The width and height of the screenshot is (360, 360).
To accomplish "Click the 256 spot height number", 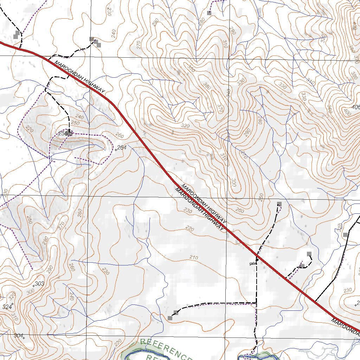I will [63, 133].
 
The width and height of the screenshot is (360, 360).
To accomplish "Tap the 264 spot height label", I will [122, 148].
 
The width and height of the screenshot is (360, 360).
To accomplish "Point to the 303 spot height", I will [39, 283].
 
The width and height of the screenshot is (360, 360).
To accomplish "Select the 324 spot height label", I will [7, 307].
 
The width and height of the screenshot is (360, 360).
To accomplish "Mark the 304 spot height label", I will [18, 335].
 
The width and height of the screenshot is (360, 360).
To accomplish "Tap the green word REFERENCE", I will [165, 348].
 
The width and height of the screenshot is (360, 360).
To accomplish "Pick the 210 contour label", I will [194, 258].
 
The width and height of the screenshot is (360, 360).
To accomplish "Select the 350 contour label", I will [191, 68].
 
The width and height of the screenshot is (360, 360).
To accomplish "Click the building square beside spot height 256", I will [70, 134].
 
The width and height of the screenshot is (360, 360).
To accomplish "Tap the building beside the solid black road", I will [345, 234].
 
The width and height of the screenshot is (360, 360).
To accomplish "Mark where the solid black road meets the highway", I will [315, 302].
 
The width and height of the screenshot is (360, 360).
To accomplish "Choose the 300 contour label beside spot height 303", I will [30, 291].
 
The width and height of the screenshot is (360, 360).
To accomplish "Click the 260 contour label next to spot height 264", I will [120, 136].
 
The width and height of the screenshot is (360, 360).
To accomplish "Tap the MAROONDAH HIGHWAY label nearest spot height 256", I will [80, 77].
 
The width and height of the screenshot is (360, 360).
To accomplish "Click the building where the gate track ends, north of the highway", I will [279, 204].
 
